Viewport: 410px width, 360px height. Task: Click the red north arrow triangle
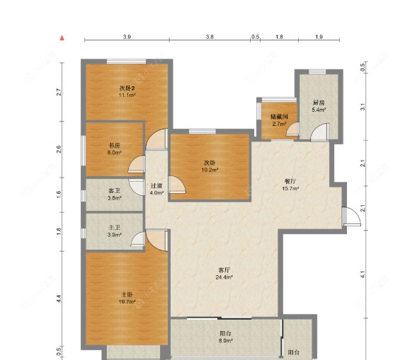click(62, 38)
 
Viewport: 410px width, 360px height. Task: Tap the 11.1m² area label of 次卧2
click(127, 95)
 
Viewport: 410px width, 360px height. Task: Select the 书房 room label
click(114, 145)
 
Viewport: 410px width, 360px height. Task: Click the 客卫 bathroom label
click(114, 191)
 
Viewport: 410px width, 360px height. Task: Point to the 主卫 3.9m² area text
click(114, 235)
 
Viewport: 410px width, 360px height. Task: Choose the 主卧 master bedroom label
click(127, 295)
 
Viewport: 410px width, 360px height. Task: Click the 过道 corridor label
click(156, 186)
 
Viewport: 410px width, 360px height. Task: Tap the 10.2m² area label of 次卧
click(210, 170)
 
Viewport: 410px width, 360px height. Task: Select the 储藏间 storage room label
click(279, 117)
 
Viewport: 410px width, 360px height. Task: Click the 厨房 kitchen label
click(319, 103)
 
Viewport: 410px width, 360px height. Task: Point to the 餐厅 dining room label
click(290, 181)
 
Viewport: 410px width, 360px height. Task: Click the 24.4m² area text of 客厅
click(224, 277)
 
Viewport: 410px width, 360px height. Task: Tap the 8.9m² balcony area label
click(225, 341)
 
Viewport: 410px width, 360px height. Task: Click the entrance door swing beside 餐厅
click(352, 216)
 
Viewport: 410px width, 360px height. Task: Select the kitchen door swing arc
click(319, 132)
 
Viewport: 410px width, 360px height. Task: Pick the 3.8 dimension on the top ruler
click(210, 37)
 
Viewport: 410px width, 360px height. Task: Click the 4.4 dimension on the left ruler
click(59, 299)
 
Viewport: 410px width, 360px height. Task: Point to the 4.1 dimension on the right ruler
click(363, 274)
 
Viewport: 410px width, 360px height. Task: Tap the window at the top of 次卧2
click(126, 62)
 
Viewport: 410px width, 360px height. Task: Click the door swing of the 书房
click(137, 164)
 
